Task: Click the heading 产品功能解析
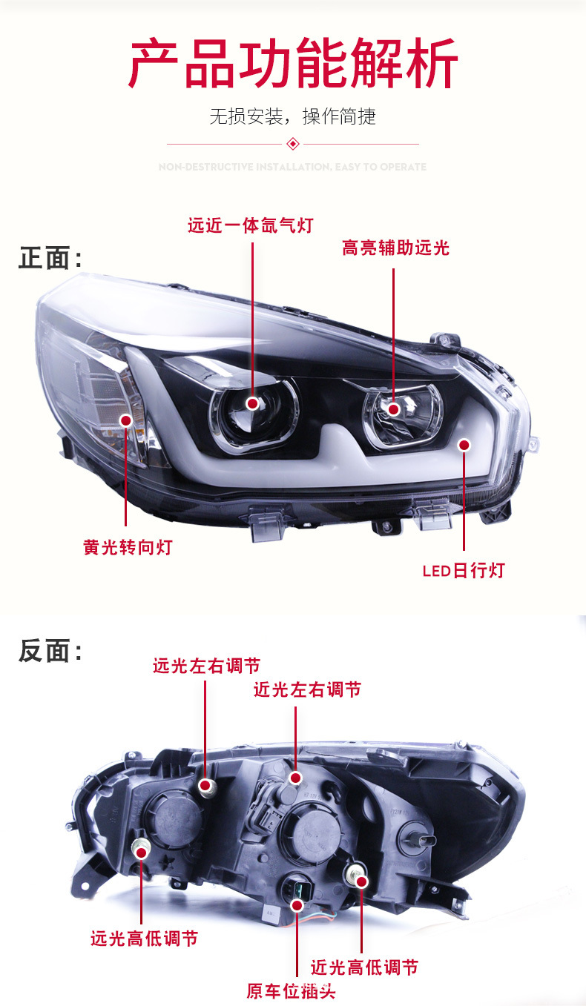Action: [293, 64]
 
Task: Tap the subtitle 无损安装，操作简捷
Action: [292, 116]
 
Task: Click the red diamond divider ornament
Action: [292, 143]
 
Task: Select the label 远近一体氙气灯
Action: [250, 225]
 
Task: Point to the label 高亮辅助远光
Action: [395, 248]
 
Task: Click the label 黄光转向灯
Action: [128, 547]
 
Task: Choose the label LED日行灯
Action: [464, 570]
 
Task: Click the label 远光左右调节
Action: [206, 666]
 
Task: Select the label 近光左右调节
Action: [307, 689]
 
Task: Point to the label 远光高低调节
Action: [144, 939]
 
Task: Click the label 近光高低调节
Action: [364, 967]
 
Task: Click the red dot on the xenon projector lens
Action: [252, 403]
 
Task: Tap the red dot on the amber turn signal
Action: [126, 420]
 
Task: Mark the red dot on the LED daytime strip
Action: [464, 445]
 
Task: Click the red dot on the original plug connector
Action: [297, 905]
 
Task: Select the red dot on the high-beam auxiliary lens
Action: [393, 408]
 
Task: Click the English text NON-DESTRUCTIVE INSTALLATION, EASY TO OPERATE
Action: [292, 167]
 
